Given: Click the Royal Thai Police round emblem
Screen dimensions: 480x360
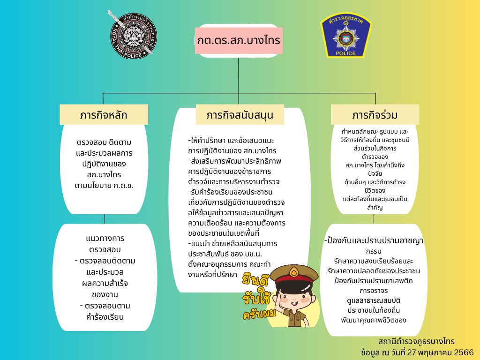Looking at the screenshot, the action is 132,35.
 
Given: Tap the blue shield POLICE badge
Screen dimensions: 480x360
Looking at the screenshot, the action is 346,35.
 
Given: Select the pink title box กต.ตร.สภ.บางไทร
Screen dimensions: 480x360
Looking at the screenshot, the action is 239,40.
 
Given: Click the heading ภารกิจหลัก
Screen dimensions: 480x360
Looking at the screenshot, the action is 104,115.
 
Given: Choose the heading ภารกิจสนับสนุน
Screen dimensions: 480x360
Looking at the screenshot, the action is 240,115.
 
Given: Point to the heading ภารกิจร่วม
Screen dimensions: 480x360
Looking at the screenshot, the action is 375,115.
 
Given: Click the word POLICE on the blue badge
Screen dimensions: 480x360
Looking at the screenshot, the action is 345,53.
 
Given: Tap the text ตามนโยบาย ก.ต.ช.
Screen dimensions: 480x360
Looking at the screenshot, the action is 104,186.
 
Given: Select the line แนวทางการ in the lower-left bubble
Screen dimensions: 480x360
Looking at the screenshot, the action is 105,238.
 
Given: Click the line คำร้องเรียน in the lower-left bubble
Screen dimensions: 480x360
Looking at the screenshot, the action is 105,317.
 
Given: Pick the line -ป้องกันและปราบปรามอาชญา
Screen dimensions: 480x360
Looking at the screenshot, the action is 374,240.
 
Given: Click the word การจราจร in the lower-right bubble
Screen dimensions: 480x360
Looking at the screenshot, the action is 374,291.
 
